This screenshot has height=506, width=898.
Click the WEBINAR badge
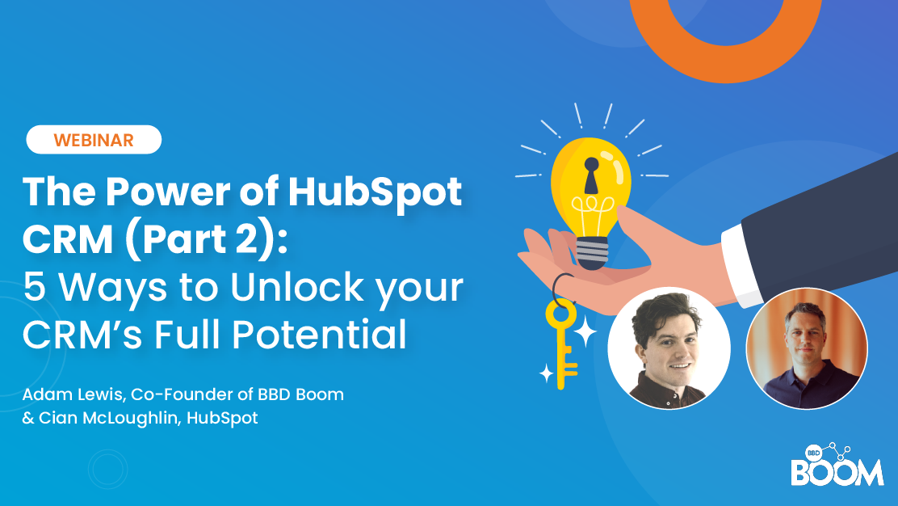(x=94, y=140)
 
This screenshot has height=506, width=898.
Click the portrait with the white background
(x=669, y=348)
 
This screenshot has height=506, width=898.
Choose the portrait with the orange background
(x=807, y=348)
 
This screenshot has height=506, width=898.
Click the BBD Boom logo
(x=837, y=465)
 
